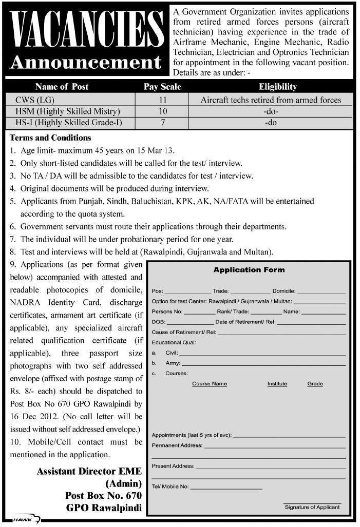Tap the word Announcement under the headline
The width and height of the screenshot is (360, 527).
tap(86, 63)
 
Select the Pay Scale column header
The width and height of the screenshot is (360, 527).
tap(162, 87)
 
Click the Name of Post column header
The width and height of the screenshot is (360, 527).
tap(62, 87)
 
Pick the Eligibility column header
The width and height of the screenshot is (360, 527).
tap(277, 87)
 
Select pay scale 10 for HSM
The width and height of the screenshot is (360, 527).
tap(163, 111)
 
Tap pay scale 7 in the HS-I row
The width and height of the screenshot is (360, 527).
tap(163, 123)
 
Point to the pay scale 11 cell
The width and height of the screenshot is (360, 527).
tap(163, 100)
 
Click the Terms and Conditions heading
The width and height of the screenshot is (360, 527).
tap(50, 138)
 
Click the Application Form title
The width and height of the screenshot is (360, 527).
tap(249, 270)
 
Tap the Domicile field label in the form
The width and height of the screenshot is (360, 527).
tap(284, 291)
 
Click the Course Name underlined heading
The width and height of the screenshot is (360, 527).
tap(209, 384)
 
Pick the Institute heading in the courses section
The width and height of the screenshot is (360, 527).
tap(277, 384)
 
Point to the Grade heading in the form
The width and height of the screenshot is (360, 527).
tap(315, 384)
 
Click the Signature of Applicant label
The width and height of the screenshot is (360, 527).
tap(312, 507)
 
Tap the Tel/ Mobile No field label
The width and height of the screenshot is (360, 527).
tap(170, 486)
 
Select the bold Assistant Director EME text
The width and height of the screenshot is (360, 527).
tap(89, 471)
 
